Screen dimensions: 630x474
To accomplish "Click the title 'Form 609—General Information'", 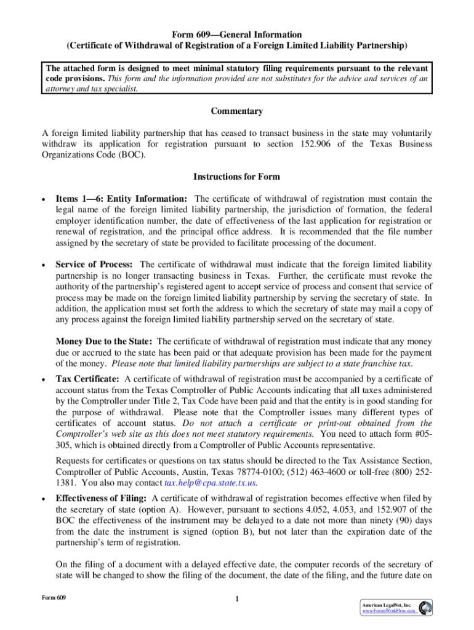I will [x=237, y=34].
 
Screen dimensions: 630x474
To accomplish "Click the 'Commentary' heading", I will [x=237, y=111].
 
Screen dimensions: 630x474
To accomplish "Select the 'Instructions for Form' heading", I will [x=237, y=177].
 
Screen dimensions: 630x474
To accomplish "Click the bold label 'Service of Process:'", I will [x=95, y=264].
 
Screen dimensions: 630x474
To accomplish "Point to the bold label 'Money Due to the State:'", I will [x=105, y=341].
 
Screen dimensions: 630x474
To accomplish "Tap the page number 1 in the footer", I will [x=237, y=600].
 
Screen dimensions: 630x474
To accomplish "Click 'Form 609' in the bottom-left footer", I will [x=54, y=597].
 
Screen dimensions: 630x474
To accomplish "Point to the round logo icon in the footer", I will [x=424, y=607].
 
